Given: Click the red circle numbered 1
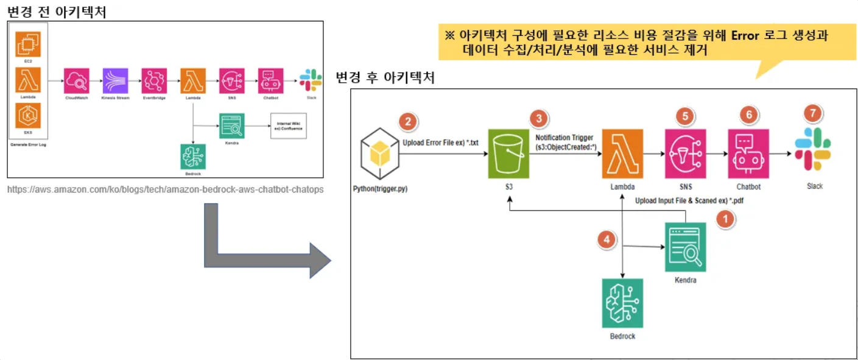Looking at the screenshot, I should pos(725,219).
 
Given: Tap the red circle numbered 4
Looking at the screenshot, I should pos(605,240).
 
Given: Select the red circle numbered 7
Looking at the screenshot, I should pos(812,113).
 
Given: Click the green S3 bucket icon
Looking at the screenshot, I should pos(508,154).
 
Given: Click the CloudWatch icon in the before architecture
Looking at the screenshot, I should pos(77,80).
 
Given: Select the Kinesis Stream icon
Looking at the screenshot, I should pos(115,80).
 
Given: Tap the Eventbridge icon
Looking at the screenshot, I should pos(154,80).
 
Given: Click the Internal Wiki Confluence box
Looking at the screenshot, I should pos(288,125).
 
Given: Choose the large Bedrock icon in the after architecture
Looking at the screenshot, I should pos(622,303).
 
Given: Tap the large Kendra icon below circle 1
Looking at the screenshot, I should pos(686,247).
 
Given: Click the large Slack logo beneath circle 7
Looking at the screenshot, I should pos(813,150).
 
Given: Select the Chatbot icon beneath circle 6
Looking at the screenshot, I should pos(748,154).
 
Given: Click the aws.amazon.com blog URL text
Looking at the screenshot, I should pos(165,189).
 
